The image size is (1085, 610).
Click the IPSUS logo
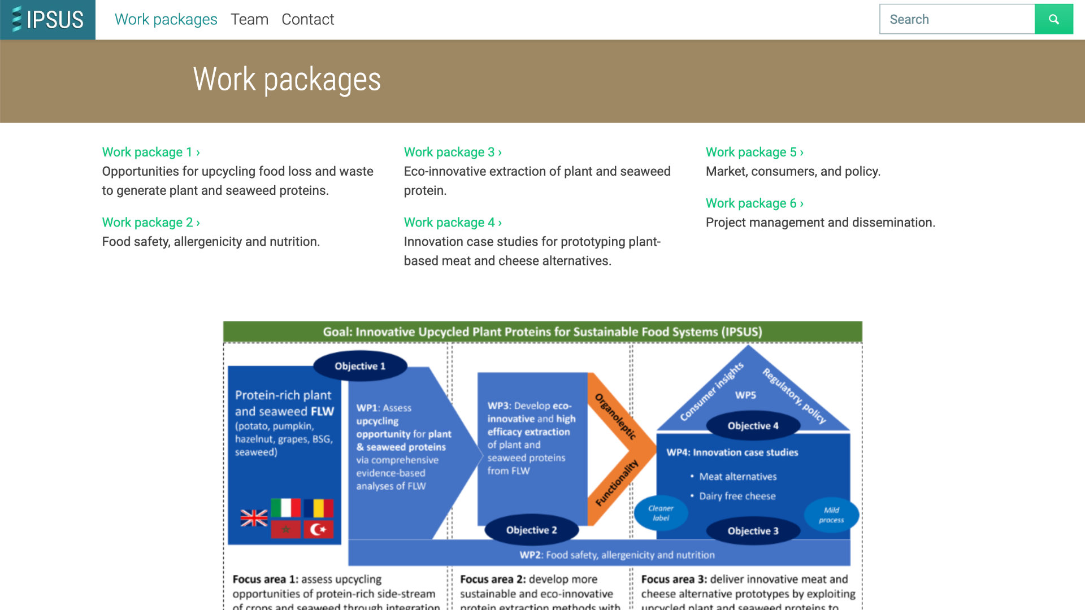click(48, 20)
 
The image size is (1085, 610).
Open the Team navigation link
click(249, 19)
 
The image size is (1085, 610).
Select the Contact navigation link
click(307, 19)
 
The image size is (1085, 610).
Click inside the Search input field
click(957, 19)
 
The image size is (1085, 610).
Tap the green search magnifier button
click(1053, 19)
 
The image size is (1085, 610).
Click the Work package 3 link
click(453, 152)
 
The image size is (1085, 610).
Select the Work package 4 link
click(453, 223)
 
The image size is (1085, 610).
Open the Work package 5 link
click(754, 152)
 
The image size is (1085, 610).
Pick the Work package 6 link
click(754, 203)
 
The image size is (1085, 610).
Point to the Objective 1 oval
click(360, 366)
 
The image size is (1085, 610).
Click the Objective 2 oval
click(531, 530)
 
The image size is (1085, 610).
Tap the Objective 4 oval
click(753, 426)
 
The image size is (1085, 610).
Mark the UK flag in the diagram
click(254, 518)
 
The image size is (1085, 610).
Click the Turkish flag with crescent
click(319, 529)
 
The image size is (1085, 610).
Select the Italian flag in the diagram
click(285, 508)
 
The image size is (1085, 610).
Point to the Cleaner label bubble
click(661, 513)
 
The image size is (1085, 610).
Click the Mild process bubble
click(831, 515)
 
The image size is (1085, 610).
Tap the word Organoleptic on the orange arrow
click(615, 416)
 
